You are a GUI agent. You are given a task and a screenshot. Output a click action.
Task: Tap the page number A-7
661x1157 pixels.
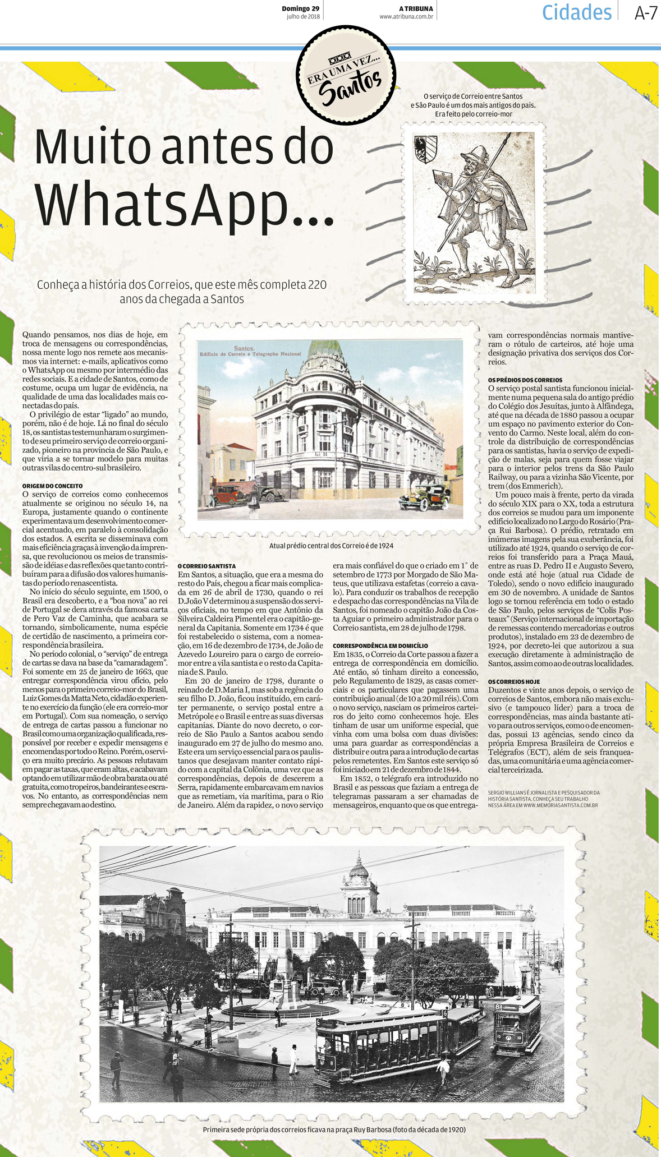[645, 13]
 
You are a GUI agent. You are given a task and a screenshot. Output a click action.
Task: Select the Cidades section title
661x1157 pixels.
[577, 12]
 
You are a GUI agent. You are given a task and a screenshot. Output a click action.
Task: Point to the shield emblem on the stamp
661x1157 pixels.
[425, 149]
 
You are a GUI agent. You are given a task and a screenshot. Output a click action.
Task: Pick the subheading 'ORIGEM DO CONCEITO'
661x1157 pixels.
[52, 486]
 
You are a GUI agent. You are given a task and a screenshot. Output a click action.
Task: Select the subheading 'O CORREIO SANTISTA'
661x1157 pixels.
[206, 566]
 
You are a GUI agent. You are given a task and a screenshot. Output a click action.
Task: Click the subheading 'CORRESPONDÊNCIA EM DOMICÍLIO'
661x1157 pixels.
[380, 646]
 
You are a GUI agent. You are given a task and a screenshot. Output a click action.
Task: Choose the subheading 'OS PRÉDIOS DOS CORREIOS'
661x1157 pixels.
[525, 380]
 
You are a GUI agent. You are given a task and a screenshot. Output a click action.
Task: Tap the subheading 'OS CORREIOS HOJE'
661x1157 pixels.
[514, 681]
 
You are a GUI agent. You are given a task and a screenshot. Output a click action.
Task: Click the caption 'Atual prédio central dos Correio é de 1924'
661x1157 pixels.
[331, 546]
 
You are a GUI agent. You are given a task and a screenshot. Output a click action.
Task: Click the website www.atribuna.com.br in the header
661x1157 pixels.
[406, 17]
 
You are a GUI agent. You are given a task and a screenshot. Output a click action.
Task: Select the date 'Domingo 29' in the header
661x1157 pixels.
[300, 8]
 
